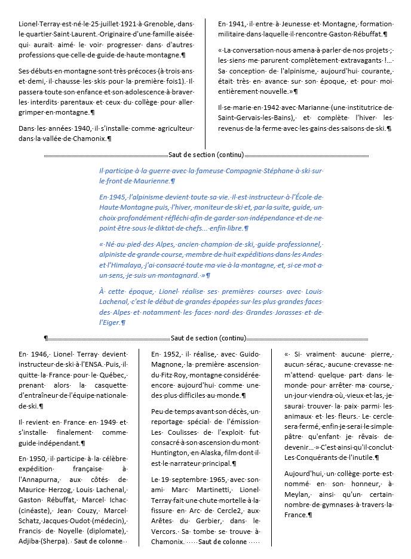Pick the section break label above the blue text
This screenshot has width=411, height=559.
(x=206, y=155)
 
